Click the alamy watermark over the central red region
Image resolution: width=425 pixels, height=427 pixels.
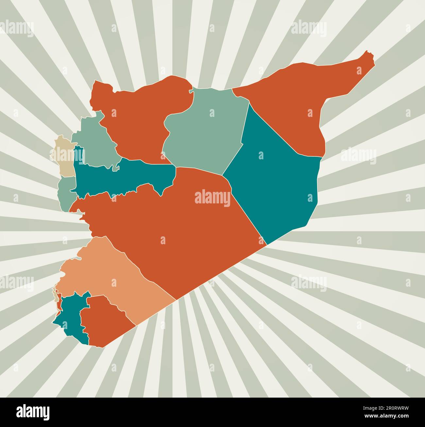coord(212,198)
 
